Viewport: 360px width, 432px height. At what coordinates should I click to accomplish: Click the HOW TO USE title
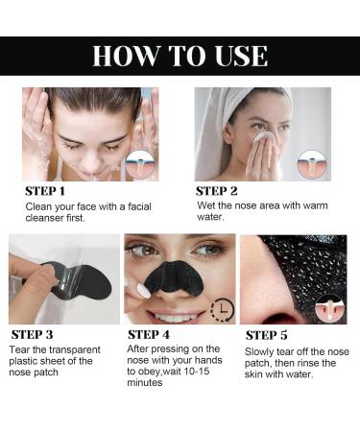click(180, 55)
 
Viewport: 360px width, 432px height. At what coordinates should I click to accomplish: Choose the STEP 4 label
click(156, 335)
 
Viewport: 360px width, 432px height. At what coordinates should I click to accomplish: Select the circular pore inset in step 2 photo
click(309, 164)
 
